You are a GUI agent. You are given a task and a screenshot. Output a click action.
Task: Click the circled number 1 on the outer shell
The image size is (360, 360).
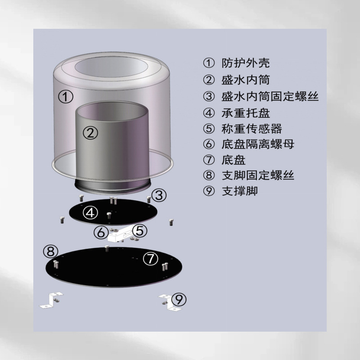coord(65,96)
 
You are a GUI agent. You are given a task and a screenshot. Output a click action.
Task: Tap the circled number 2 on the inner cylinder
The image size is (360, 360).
coord(90,133)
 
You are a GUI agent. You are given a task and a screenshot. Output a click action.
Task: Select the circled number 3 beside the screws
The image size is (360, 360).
coord(159,195)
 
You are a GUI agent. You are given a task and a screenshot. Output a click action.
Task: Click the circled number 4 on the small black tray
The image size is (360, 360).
coord(90,213)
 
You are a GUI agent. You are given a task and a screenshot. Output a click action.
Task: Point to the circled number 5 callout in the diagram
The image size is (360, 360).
coord(140,230)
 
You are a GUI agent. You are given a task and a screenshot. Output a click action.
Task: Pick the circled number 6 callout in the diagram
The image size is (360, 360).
coord(101,232)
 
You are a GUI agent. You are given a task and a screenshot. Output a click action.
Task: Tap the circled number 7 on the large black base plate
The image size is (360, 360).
coord(150,258)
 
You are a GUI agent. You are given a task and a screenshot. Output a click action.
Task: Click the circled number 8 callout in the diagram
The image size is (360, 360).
coord(50,252)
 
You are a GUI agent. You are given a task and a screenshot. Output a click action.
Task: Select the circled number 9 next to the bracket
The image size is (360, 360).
coord(179,299)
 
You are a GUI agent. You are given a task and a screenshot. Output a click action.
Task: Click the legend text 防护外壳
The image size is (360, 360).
coord(245,63)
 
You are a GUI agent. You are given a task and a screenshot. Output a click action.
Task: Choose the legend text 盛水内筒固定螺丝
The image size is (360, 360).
coord(270,96)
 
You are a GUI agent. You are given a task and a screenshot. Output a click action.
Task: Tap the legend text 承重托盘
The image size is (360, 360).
coord(245,113)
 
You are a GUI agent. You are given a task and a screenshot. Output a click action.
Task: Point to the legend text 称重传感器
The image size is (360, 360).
coord(252,129)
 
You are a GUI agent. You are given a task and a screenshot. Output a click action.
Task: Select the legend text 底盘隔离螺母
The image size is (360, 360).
coord(257,144)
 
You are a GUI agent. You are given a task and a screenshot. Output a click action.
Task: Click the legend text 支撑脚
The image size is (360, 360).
coord(239,191)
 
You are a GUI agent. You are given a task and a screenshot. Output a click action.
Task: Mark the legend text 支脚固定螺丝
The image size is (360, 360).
coord(257,175)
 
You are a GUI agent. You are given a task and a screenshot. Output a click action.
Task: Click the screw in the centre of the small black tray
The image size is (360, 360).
coord(109,216)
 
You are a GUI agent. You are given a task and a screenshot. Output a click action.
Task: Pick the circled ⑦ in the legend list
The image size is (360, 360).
coord(209,160)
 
